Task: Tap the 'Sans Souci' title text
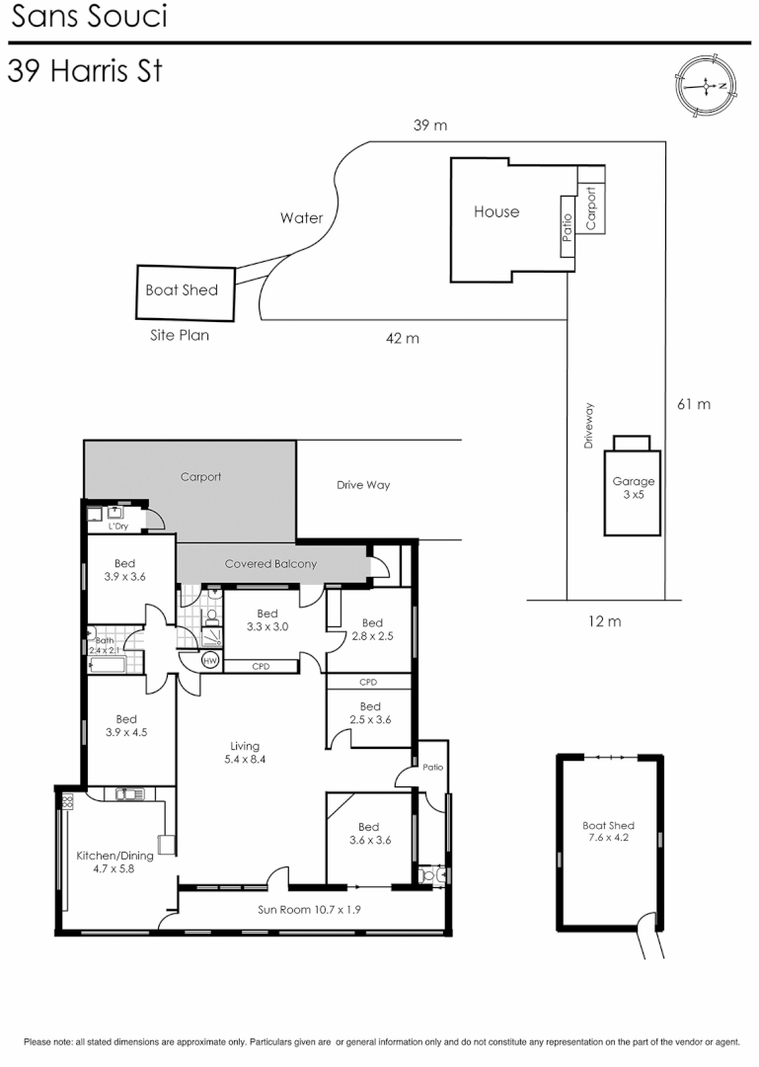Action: click(x=89, y=17)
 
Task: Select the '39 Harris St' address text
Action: click(x=84, y=72)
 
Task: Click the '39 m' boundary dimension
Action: click(x=429, y=125)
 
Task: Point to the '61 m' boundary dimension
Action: click(x=694, y=404)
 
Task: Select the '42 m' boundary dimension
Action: click(x=402, y=339)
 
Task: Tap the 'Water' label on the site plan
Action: click(x=301, y=218)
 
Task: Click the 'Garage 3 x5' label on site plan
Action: click(x=633, y=488)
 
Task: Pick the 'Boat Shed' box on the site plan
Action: click(x=186, y=292)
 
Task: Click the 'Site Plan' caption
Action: click(x=180, y=336)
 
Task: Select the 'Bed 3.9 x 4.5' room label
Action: click(x=125, y=726)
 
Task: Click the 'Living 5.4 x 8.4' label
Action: click(x=244, y=753)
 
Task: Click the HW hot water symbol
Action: click(x=209, y=660)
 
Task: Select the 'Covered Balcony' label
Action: click(x=270, y=564)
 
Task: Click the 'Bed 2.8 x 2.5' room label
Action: click(x=371, y=629)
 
